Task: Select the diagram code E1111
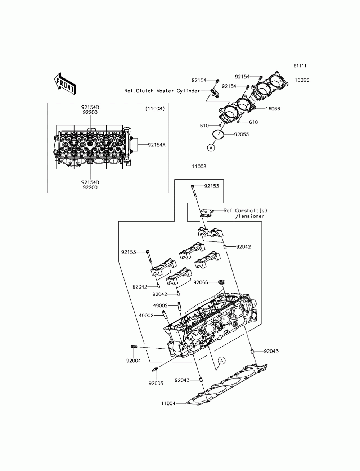pyautogui.click(x=300, y=66)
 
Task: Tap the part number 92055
pyautogui.click(x=241, y=135)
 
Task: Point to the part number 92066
pyautogui.click(x=201, y=282)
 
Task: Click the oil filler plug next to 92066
pyautogui.click(x=222, y=282)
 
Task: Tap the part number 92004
pyautogui.click(x=133, y=360)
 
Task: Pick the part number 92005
pyautogui.click(x=156, y=384)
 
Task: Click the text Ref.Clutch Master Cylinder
pyautogui.click(x=162, y=91)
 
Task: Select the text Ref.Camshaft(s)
pyautogui.click(x=246, y=210)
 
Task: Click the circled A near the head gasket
pyautogui.click(x=222, y=360)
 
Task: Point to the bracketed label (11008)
pyautogui.click(x=155, y=108)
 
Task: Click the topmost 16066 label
pyautogui.click(x=302, y=80)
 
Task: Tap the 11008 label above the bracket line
pyautogui.click(x=199, y=167)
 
